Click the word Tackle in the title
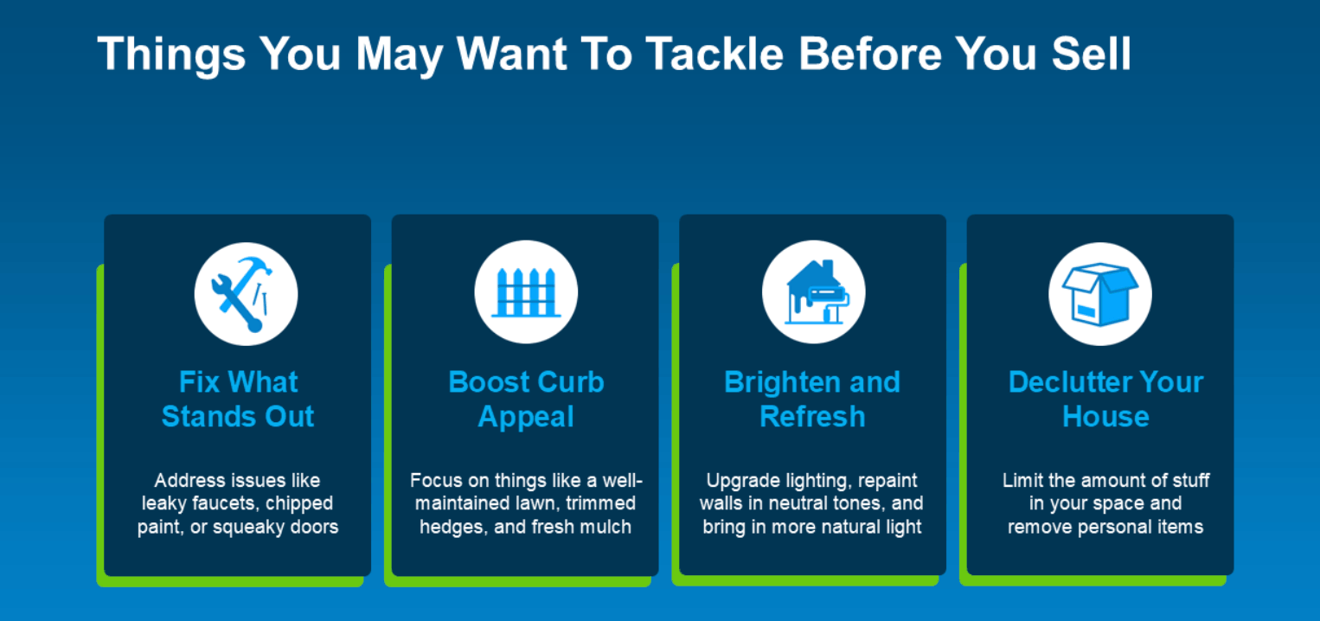[x=714, y=54]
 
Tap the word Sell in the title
[x=1092, y=54]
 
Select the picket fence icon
[x=526, y=292]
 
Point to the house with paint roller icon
[x=817, y=291]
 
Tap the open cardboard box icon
[x=1099, y=294]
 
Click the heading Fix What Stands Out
[x=238, y=399]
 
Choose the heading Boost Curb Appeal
[x=526, y=399]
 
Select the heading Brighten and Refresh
[x=812, y=399]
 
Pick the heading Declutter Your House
[x=1105, y=399]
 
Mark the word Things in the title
[x=171, y=55]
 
